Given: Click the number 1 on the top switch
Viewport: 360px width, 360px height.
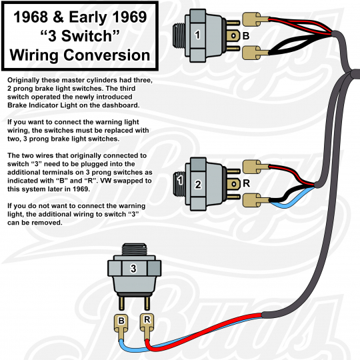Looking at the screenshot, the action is pyautogui.click(x=197, y=35).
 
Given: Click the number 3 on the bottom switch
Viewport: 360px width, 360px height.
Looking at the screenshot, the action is pyautogui.click(x=133, y=268).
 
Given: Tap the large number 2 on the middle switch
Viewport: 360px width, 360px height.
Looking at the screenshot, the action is pyautogui.click(x=198, y=184).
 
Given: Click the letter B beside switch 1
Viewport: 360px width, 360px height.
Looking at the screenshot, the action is pyautogui.click(x=246, y=36).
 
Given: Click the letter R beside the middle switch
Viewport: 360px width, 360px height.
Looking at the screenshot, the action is pyautogui.click(x=246, y=183).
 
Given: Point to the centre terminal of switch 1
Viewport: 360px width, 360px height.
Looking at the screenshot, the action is pyautogui.click(x=233, y=36).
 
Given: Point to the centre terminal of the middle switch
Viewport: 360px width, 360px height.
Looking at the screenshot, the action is pyautogui.click(x=233, y=184).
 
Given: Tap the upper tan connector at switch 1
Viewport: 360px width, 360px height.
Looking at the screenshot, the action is pyautogui.click(x=252, y=19).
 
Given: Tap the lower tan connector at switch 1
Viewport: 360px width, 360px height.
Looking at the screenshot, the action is pyautogui.click(x=252, y=53).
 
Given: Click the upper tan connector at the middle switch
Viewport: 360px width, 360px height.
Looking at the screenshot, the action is pyautogui.click(x=252, y=167).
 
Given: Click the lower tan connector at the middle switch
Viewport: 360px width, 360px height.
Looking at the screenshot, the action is pyautogui.click(x=252, y=200).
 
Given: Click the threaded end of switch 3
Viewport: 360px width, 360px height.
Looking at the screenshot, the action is pyautogui.click(x=134, y=249).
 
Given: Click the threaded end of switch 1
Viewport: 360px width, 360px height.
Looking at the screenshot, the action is pyautogui.click(x=179, y=36).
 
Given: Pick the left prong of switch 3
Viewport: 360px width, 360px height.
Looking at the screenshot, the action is pyautogui.click(x=122, y=303).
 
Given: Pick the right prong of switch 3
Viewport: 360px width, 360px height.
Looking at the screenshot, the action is pyautogui.click(x=147, y=303).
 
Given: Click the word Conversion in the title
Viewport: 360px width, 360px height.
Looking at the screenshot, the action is pyautogui.click(x=107, y=55).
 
